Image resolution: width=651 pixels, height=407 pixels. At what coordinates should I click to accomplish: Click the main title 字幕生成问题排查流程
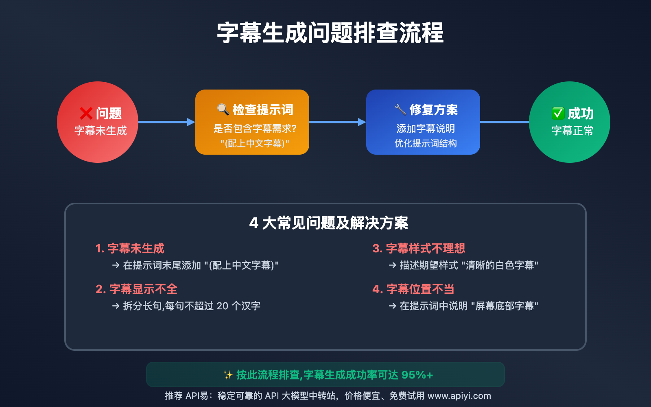click(330, 33)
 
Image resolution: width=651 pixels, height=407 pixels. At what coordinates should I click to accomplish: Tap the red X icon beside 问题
click(86, 114)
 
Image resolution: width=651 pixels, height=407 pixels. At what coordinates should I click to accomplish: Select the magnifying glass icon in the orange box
click(223, 109)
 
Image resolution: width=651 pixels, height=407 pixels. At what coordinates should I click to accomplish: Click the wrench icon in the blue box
click(400, 109)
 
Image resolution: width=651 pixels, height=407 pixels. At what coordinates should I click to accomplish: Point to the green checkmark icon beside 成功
click(558, 113)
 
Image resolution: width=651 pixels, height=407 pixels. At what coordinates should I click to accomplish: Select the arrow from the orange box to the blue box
click(338, 122)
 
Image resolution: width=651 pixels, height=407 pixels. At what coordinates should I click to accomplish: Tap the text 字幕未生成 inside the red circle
click(100, 131)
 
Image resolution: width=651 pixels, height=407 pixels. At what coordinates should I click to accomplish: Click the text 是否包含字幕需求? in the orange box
click(255, 128)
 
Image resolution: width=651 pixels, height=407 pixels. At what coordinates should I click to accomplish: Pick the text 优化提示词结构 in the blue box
click(426, 143)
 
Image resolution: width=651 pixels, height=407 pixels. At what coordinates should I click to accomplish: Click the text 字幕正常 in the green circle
click(572, 131)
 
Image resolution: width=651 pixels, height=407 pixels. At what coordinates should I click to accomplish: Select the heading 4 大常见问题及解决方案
click(329, 223)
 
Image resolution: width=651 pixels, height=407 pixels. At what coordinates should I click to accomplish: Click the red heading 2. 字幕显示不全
click(136, 289)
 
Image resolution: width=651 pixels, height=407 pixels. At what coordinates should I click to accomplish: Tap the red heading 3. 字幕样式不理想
click(419, 248)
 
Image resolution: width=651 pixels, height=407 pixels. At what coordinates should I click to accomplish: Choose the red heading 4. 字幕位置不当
click(413, 289)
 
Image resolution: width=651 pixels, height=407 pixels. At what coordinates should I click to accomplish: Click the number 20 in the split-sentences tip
click(222, 306)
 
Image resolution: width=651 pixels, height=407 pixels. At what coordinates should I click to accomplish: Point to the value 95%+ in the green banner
click(417, 375)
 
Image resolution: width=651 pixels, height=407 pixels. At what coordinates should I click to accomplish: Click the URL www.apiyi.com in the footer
click(459, 396)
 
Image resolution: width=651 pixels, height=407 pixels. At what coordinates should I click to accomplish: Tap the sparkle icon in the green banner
click(228, 375)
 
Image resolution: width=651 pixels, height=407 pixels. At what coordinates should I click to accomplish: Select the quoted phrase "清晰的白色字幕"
click(500, 265)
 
